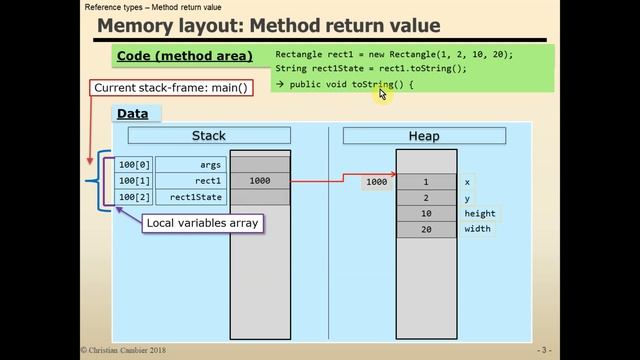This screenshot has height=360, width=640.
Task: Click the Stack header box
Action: (x=209, y=136)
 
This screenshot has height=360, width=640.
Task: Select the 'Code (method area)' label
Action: (x=185, y=56)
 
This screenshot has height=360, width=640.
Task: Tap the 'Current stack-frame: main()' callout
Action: (x=171, y=88)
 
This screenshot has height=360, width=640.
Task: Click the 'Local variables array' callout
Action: (x=203, y=222)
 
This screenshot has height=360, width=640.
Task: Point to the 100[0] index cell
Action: (x=133, y=165)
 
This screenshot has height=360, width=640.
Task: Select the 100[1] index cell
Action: (x=133, y=181)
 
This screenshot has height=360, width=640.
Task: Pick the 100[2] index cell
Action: (x=133, y=197)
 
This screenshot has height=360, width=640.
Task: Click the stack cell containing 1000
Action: (x=260, y=181)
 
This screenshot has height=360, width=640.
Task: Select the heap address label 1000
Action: (x=376, y=182)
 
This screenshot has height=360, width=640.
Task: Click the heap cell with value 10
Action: (x=425, y=214)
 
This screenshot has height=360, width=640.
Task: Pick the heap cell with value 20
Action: (x=425, y=230)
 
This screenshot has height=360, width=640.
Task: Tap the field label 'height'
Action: (x=479, y=214)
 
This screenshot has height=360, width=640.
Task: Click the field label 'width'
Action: (x=477, y=230)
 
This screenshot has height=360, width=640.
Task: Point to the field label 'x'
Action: (x=467, y=182)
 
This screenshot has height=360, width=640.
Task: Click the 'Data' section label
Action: (x=132, y=113)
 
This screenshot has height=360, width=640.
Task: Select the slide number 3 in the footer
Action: (x=544, y=350)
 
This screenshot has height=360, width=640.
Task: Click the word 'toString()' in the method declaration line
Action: (x=376, y=85)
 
